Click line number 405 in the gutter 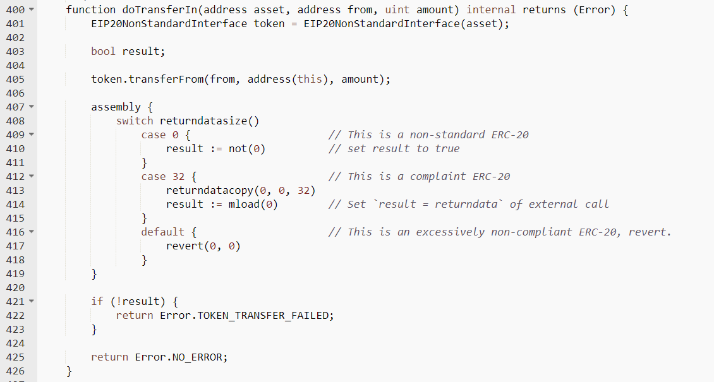click(x=15, y=79)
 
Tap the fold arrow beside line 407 click(x=32, y=107)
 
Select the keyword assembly click(x=116, y=107)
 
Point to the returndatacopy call click(x=210, y=191)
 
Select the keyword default click(x=163, y=232)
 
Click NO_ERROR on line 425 click(x=197, y=357)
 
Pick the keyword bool click(x=104, y=51)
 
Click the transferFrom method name click(x=166, y=79)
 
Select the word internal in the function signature click(x=491, y=9)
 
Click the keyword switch click(x=135, y=121)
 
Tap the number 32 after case click(x=178, y=176)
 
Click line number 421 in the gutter click(x=15, y=302)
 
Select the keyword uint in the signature click(x=397, y=9)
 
